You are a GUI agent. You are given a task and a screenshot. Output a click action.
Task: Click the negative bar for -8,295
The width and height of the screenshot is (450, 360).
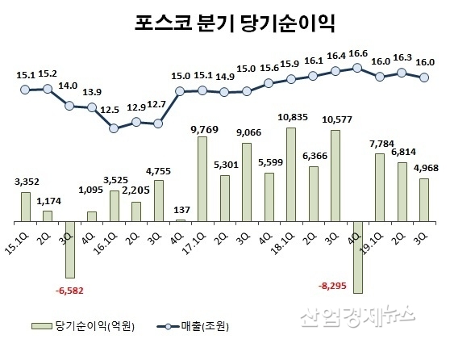(x=357, y=257)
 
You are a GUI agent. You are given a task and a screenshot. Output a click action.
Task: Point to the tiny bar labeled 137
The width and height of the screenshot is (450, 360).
(x=180, y=220)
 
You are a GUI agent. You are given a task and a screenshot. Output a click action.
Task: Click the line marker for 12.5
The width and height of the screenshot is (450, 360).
(x=114, y=128)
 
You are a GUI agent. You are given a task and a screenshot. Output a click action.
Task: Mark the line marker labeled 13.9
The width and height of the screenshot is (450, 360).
(x=92, y=109)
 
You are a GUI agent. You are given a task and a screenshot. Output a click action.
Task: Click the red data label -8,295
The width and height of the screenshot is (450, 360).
(x=335, y=286)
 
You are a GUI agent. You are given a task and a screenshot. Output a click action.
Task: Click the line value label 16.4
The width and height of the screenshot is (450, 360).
(x=335, y=55)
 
